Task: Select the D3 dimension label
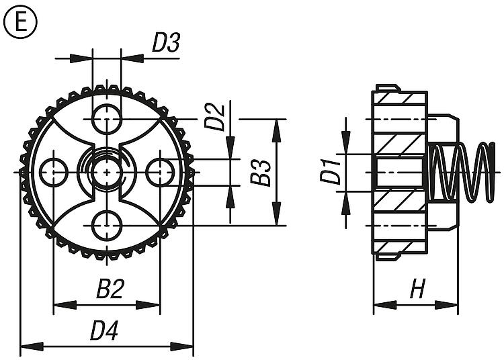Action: point(165,43)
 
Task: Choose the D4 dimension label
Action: point(103,330)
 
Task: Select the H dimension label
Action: point(418,289)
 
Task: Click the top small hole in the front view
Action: point(106,119)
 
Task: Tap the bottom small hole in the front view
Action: point(106,226)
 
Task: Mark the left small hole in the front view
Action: point(53,173)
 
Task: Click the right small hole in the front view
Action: point(160,173)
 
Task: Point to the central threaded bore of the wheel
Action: point(106,173)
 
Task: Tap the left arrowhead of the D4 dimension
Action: point(32,347)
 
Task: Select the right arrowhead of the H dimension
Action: point(446,305)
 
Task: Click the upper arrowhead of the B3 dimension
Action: point(276,130)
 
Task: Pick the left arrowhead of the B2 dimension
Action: point(65,305)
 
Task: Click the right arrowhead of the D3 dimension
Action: point(132,58)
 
